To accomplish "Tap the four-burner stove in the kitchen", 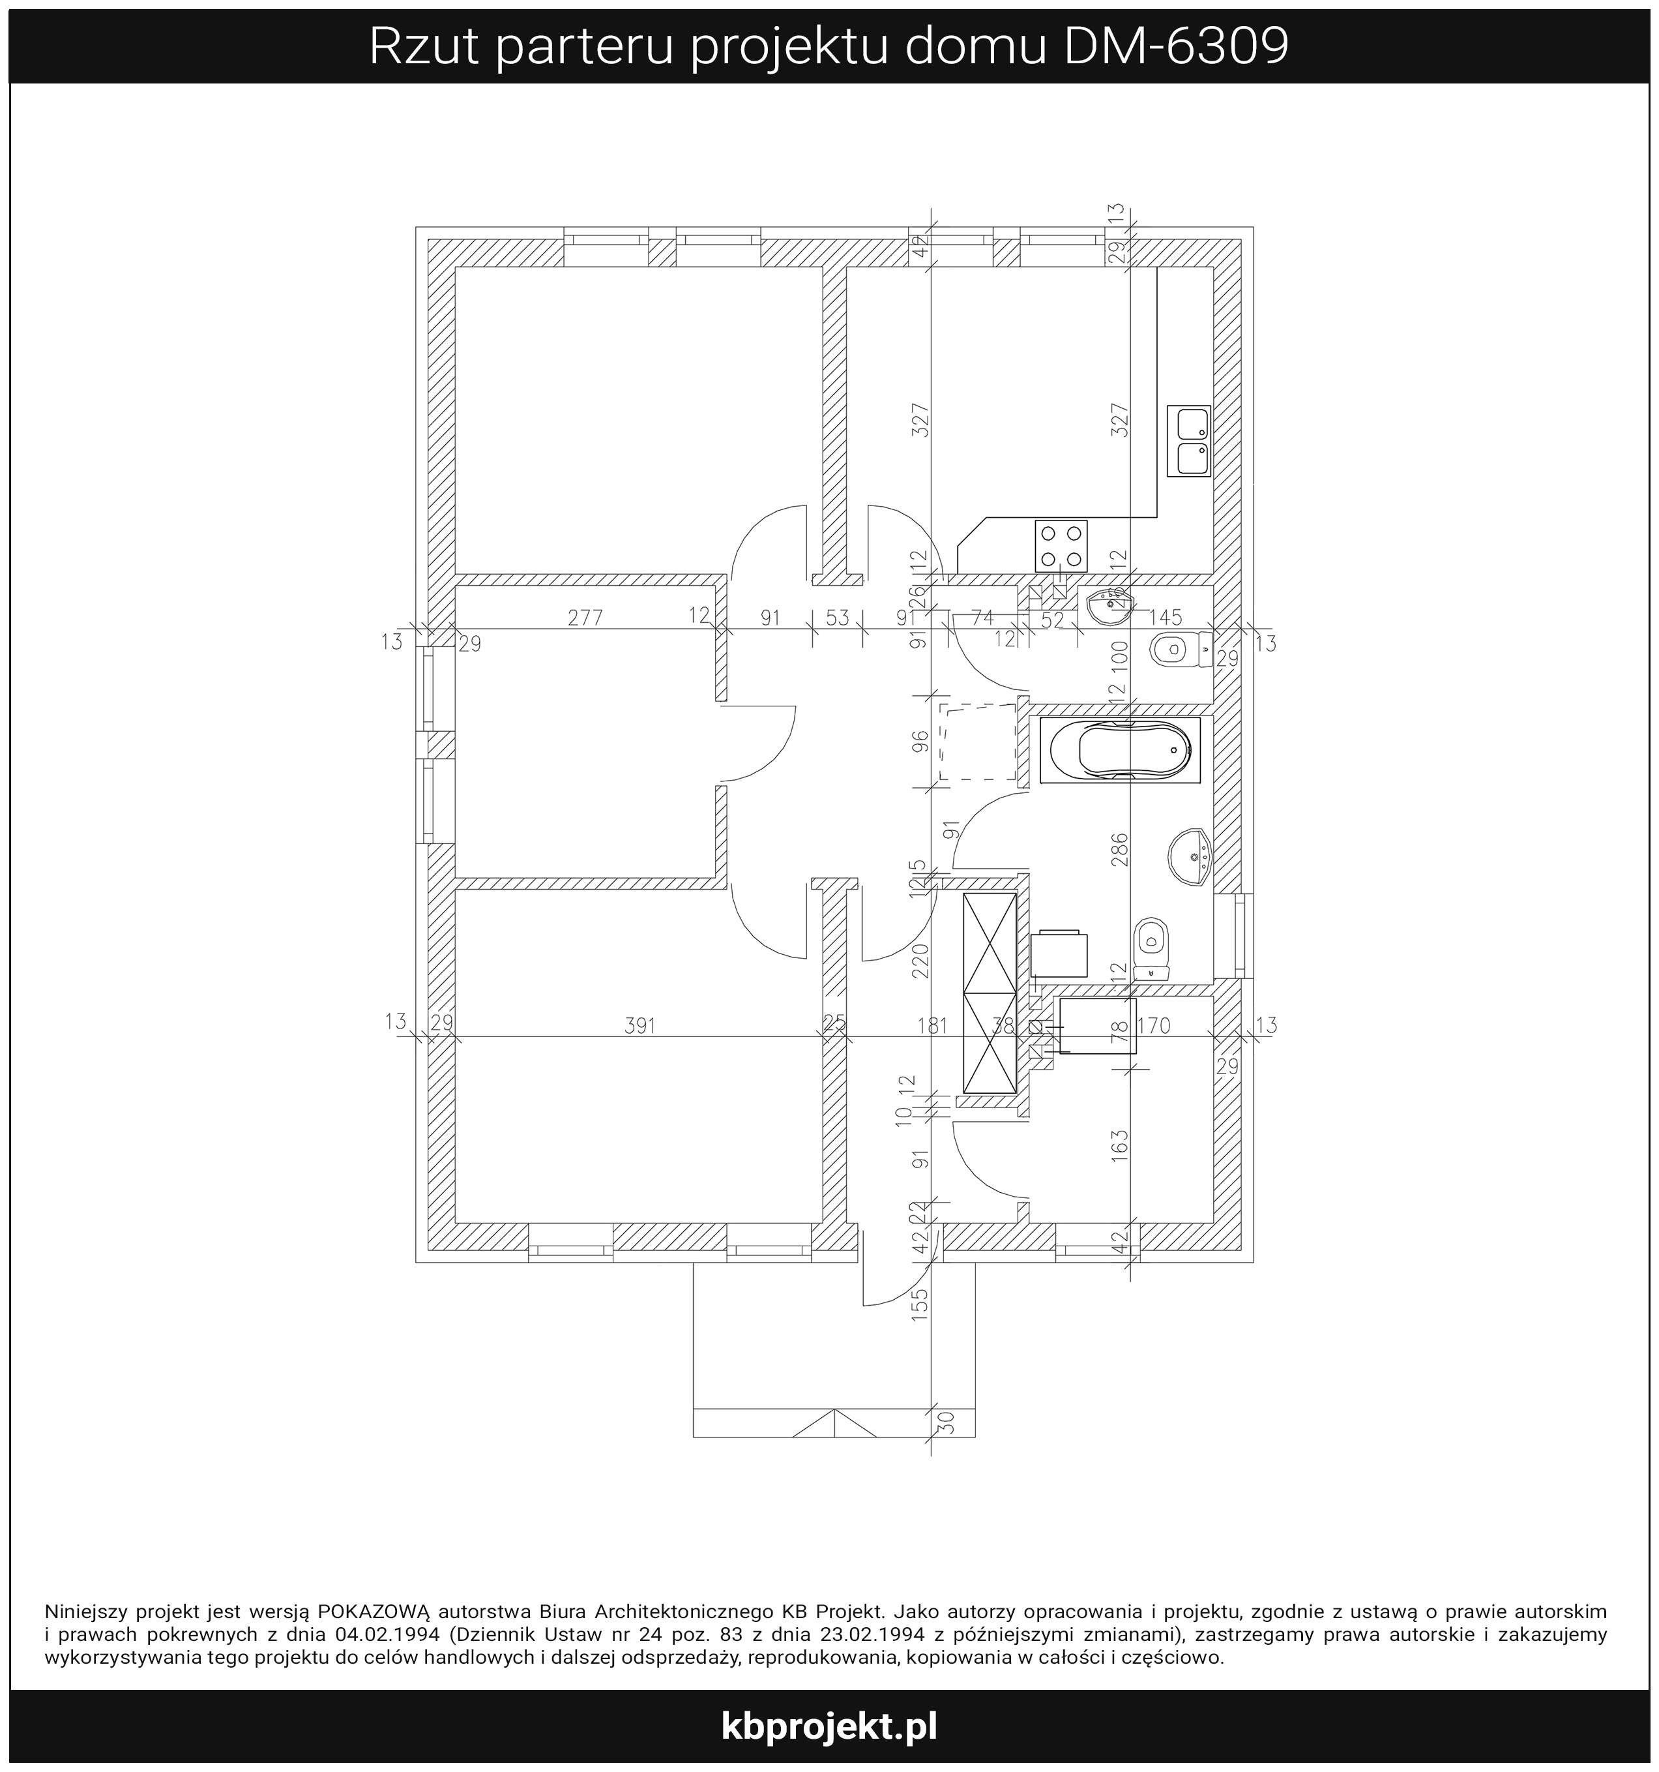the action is [x=1061, y=545].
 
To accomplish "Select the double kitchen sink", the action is [x=1188, y=442].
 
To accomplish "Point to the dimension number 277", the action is [x=585, y=618].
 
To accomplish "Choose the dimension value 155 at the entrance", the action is [x=920, y=1304].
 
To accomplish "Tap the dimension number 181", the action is [x=932, y=1026].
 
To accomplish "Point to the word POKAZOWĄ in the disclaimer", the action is [x=374, y=1611].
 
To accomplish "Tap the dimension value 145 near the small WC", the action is [x=1166, y=617].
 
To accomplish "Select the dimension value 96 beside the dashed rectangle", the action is [x=920, y=741].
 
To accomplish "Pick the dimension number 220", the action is [x=920, y=962].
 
